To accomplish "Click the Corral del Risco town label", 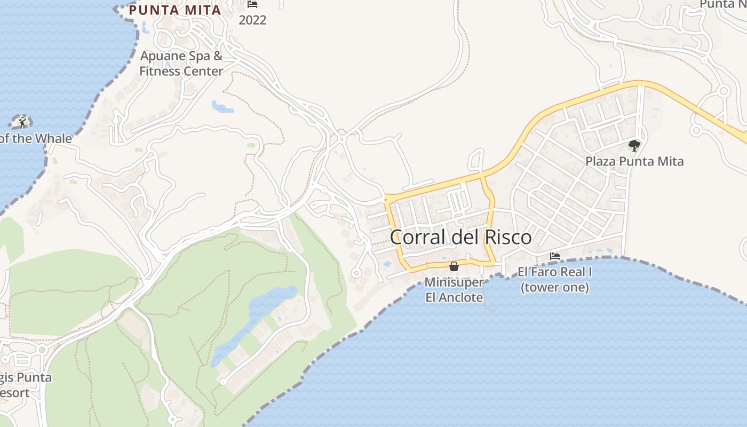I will [x=460, y=237].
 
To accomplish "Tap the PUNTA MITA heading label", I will [x=175, y=10].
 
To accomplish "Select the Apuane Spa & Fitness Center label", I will [x=181, y=64].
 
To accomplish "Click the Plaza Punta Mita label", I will [x=634, y=161].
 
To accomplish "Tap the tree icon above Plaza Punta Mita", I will [x=634, y=145].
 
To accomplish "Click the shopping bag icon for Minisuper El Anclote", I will [x=454, y=266].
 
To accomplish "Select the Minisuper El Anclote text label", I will [x=454, y=290].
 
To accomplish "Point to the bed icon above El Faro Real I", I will [x=555, y=256].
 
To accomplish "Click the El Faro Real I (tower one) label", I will [x=555, y=279].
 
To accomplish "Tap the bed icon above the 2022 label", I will [x=252, y=4].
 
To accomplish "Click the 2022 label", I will [x=252, y=20].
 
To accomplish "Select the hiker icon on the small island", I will [x=22, y=123].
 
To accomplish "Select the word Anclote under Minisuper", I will [x=454, y=298].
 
